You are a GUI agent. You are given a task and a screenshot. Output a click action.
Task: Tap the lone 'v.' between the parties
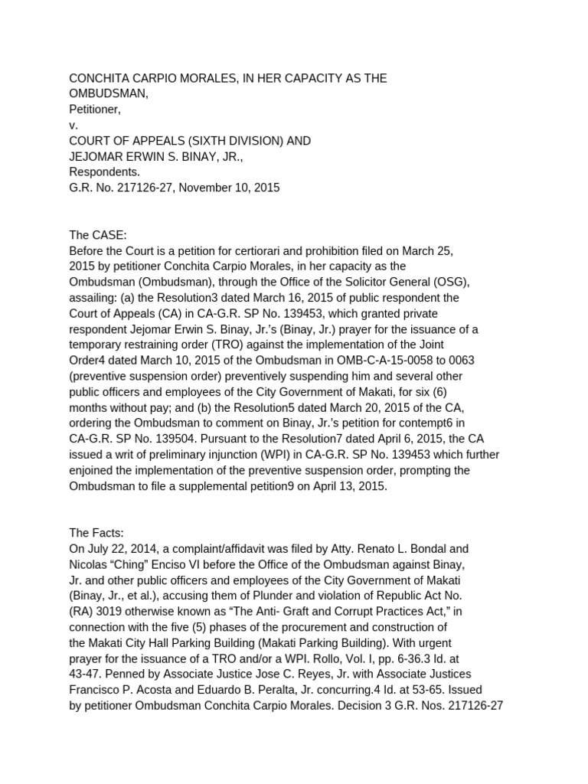73,126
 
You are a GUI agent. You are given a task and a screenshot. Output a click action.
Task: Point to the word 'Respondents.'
105,172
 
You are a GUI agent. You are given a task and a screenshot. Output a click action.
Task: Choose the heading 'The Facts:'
96,533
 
